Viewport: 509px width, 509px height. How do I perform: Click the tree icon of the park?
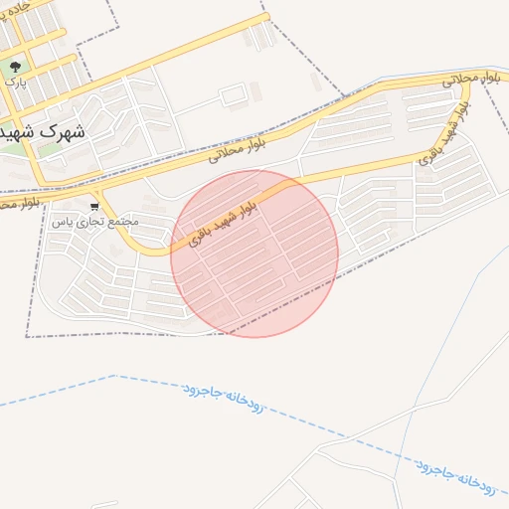[15, 68]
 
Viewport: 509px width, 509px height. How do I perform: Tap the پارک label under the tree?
[14, 84]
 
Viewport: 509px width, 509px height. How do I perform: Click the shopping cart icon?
[94, 207]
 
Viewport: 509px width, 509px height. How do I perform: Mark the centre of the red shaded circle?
[254, 254]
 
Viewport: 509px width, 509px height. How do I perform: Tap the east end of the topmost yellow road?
[266, 16]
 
